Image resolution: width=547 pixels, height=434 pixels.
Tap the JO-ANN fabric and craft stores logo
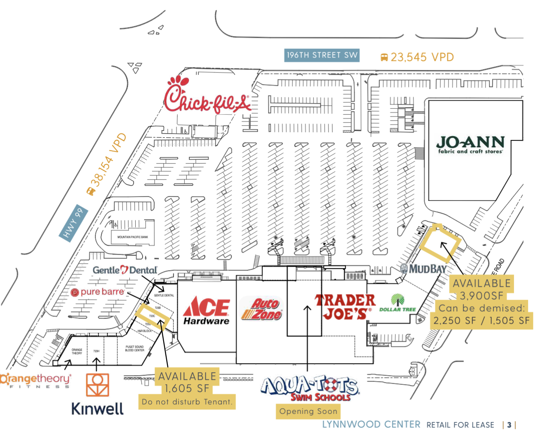(470, 144)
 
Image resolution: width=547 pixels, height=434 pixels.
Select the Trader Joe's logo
(345, 307)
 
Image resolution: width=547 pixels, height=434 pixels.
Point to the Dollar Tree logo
(398, 303)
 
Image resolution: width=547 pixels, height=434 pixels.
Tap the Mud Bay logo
(423, 269)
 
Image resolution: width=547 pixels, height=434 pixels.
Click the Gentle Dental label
(125, 270)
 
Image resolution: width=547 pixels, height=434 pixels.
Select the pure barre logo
(98, 292)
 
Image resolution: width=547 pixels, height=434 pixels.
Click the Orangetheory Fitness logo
(35, 380)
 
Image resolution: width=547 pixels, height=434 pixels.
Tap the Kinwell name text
(97, 409)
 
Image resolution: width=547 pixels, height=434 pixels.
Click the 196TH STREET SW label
(322, 55)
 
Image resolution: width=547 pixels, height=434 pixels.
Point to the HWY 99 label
(73, 223)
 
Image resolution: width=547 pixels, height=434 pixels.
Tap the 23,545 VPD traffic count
(417, 57)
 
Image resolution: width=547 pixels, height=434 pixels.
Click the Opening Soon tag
(308, 411)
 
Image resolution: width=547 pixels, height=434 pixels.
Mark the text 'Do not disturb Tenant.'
(187, 402)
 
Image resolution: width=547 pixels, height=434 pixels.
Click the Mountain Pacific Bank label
(133, 237)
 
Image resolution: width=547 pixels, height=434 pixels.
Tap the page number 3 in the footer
(509, 425)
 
